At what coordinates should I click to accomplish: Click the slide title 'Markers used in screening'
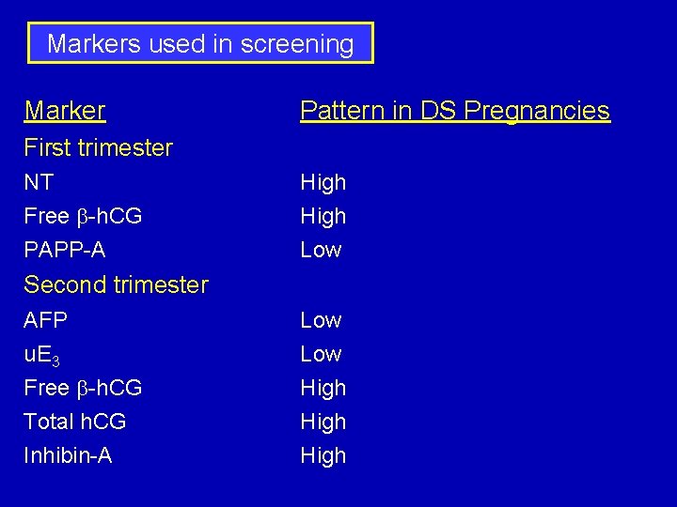(200, 44)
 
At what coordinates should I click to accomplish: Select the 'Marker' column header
(65, 111)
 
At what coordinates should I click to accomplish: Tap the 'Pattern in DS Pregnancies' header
(454, 111)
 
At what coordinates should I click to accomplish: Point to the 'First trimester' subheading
(98, 147)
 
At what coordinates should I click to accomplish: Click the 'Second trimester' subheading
(116, 284)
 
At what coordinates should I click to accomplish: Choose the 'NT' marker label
(39, 182)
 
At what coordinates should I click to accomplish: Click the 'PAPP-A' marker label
(64, 250)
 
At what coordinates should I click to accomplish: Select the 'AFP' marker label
(45, 320)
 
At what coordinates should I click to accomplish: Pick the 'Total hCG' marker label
(74, 422)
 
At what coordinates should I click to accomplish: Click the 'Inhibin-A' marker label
(68, 455)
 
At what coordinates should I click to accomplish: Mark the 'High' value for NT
(323, 182)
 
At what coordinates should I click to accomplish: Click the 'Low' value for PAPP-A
(321, 250)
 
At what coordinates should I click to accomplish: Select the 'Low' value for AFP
(321, 320)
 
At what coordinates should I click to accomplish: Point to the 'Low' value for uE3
(321, 354)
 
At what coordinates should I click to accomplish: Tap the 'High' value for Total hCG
(323, 422)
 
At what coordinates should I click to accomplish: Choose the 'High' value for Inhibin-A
(323, 455)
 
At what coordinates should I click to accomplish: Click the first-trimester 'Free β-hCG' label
(83, 216)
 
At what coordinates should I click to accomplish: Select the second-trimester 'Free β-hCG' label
(83, 388)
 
